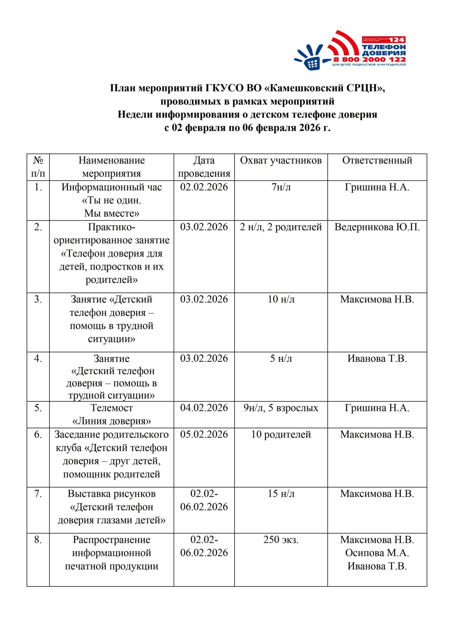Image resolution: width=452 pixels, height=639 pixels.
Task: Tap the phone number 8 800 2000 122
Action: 369,60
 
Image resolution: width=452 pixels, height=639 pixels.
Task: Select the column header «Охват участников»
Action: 281,160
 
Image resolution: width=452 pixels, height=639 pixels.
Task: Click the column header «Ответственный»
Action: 377,160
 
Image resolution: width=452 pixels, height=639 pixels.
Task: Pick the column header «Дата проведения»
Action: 204,167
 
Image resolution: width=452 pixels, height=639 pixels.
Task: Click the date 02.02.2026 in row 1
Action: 204,187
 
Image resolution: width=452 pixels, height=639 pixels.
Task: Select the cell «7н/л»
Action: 281,187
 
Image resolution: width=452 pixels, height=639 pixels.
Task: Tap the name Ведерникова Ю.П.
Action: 377,227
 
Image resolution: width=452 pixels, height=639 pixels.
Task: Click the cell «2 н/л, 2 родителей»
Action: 281,227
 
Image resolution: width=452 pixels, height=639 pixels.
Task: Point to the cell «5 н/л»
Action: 281,358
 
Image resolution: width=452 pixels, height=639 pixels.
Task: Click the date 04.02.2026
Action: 204,408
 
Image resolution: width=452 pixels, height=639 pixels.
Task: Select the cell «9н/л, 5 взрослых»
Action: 281,408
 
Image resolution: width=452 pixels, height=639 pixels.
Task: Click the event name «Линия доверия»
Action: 112,421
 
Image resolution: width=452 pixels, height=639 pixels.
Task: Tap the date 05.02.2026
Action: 204,434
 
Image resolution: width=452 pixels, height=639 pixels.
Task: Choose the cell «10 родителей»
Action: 281,434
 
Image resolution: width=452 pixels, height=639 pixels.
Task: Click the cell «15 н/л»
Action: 281,494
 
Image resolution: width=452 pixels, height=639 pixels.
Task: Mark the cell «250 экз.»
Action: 281,539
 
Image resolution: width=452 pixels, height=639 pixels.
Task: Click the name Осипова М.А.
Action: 377,553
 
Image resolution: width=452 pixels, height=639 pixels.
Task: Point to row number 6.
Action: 38,434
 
